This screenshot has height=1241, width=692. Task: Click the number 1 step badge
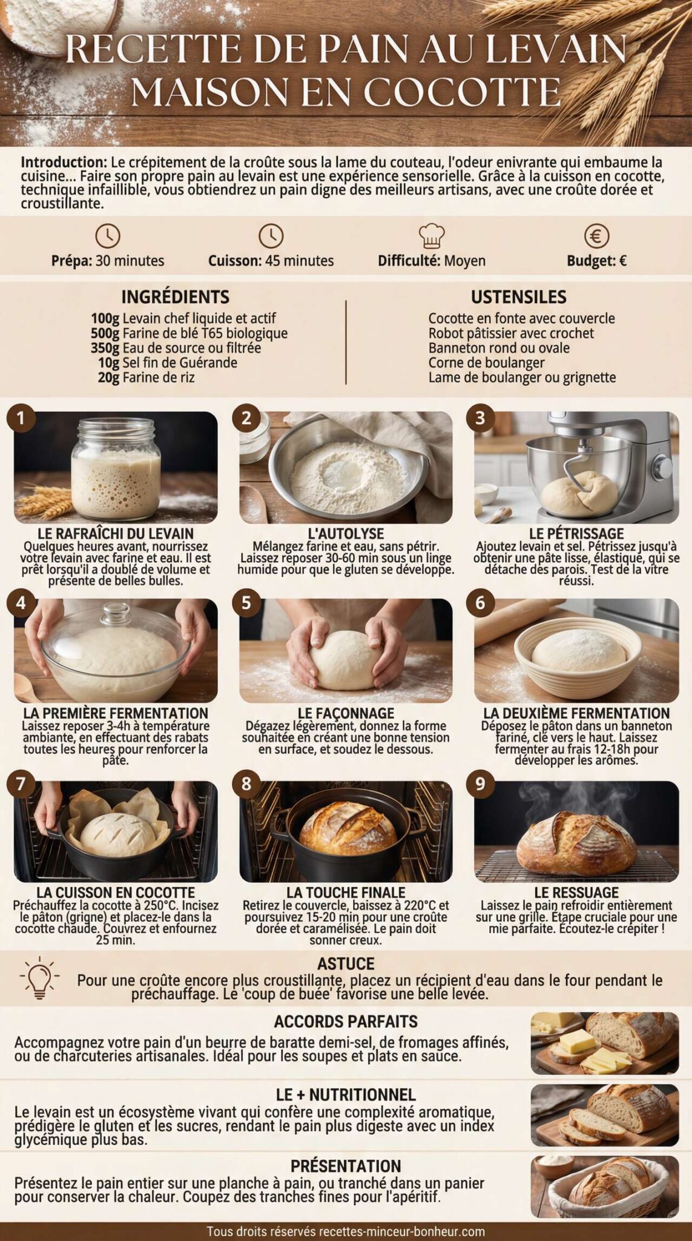(x=21, y=418)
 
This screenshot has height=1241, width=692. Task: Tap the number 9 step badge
(x=480, y=784)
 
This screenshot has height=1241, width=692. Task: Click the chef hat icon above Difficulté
(x=432, y=236)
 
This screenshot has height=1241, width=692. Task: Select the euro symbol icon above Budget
(x=596, y=236)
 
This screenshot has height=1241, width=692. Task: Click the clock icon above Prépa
(x=108, y=236)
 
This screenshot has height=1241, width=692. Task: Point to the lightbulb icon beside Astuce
(x=39, y=977)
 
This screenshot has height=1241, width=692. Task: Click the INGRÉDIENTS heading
(x=176, y=297)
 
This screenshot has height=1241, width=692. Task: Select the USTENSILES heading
(x=519, y=297)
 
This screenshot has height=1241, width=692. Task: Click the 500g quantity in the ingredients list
(x=105, y=333)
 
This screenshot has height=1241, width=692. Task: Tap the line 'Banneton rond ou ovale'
(x=499, y=348)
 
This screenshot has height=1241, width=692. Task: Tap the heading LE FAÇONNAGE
(x=346, y=713)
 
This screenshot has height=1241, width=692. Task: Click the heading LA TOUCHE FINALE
(x=346, y=893)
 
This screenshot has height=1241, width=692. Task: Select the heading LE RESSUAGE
(x=576, y=893)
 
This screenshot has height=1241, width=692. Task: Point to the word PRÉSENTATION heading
(x=346, y=1166)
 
